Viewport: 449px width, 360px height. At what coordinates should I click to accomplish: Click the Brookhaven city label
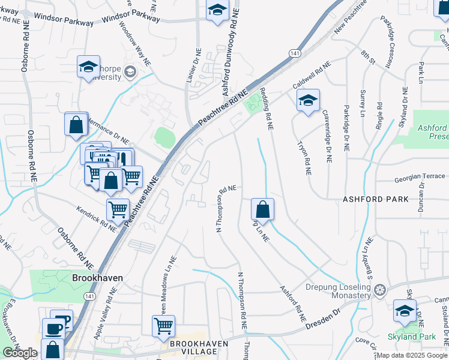coord(97,278)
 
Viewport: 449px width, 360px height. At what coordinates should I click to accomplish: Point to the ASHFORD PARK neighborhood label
coord(375,199)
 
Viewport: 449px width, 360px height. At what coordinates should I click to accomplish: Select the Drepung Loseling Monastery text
coord(339,291)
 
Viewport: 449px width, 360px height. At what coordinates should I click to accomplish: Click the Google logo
coord(20,353)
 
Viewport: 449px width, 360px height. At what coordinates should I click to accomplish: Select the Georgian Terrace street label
coord(420,179)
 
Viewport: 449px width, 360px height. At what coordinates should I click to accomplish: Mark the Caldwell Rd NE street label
coord(312,74)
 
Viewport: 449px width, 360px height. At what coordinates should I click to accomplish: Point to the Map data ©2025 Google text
coord(412,355)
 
